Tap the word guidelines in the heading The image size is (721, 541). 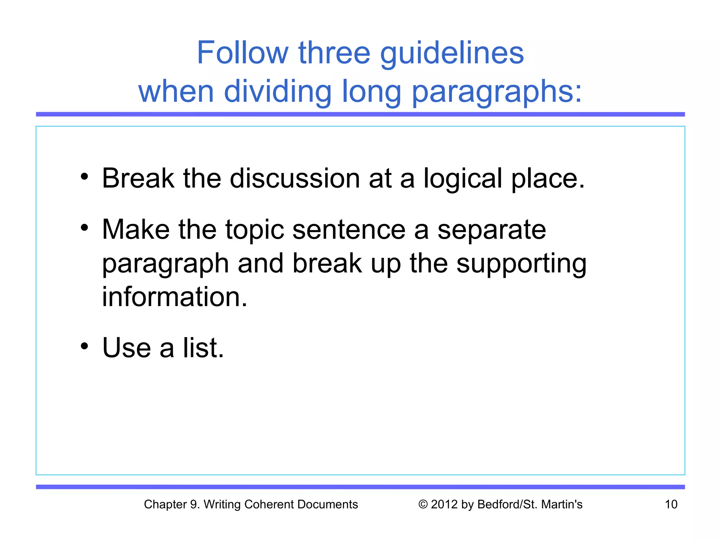point(452,54)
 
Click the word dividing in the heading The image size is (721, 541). point(278,91)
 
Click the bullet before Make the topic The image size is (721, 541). point(84,228)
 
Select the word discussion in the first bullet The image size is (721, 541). point(295,178)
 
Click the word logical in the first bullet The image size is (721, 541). point(463,179)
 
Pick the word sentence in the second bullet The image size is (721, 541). point(349,230)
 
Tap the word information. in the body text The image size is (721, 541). point(175,297)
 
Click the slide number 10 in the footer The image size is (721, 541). point(671,504)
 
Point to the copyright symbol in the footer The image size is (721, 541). point(423,504)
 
